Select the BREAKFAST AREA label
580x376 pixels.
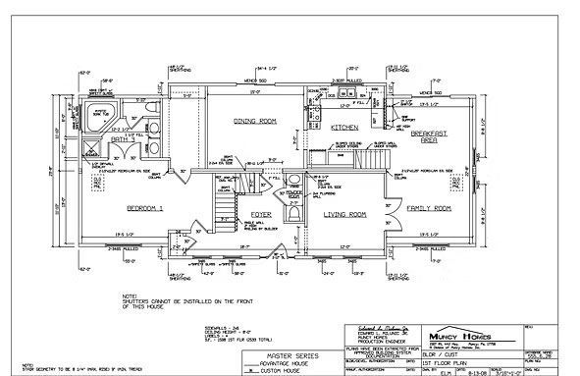[x=428, y=136]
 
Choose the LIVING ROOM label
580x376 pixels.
[x=343, y=213]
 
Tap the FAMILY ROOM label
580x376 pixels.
[x=428, y=209]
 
